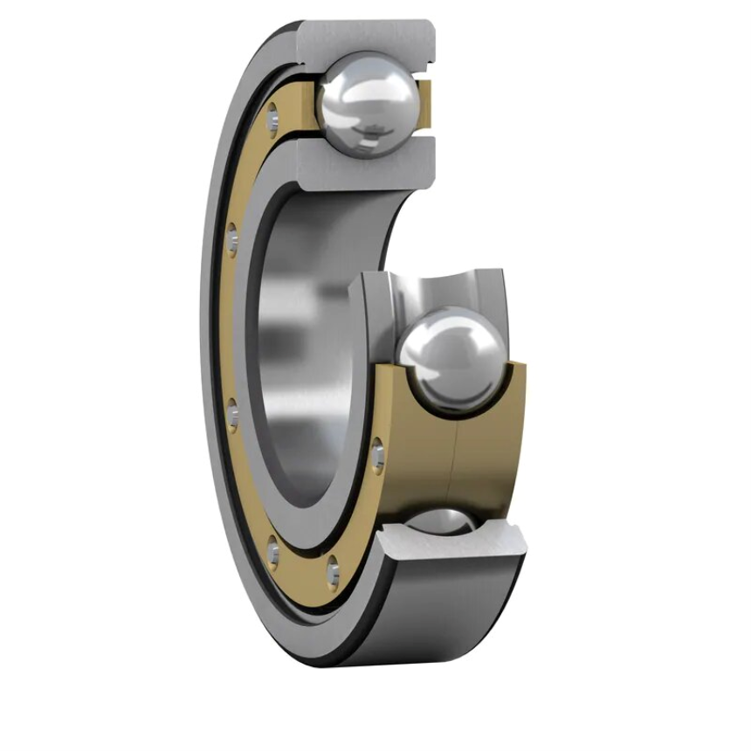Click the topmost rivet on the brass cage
click(x=273, y=113)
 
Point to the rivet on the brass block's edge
click(x=377, y=456)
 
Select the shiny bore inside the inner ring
click(x=288, y=349)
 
